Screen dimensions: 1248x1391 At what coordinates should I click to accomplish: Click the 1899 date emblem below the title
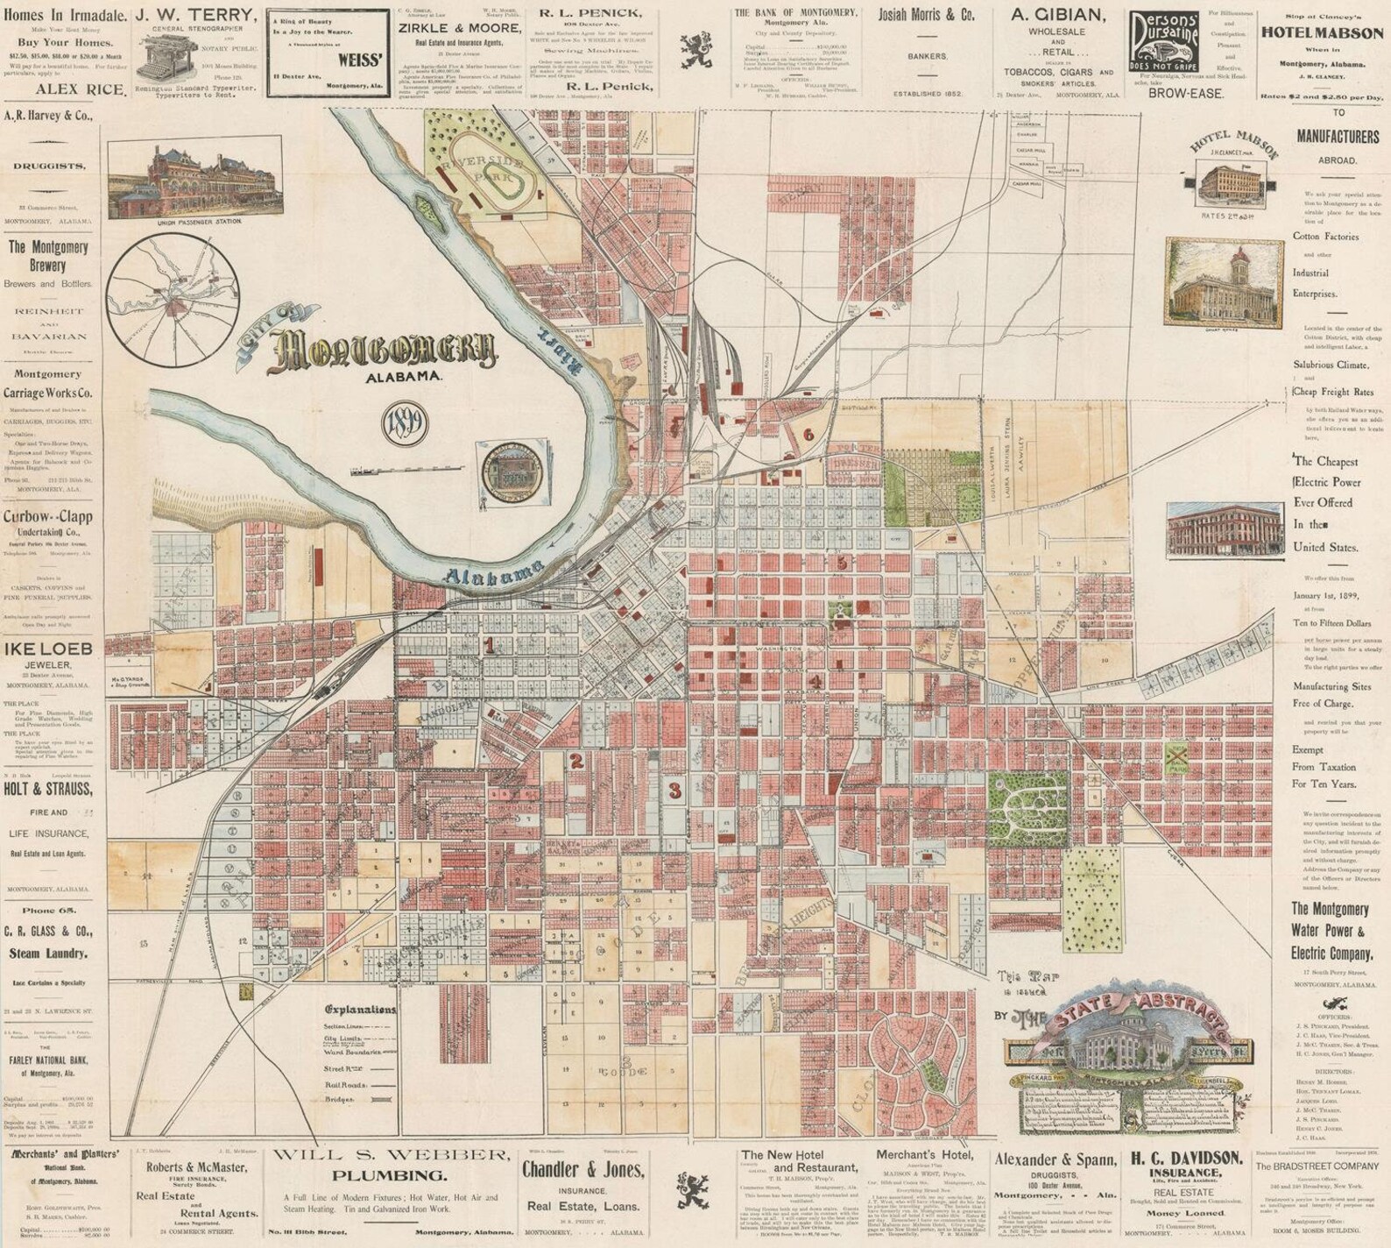tap(405, 424)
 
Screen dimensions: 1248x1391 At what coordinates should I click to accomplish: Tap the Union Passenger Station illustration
tap(193, 182)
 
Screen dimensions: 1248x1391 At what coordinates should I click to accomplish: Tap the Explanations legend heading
tap(359, 1009)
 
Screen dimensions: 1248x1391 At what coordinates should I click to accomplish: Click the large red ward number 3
tap(674, 791)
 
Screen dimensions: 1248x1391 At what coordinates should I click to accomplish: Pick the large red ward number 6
tap(808, 434)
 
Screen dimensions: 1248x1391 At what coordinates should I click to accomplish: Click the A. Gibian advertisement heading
tap(1057, 15)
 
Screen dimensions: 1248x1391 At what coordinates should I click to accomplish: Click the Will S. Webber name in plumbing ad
tap(390, 1154)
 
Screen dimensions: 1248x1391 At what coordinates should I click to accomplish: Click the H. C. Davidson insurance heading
tap(1186, 1158)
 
